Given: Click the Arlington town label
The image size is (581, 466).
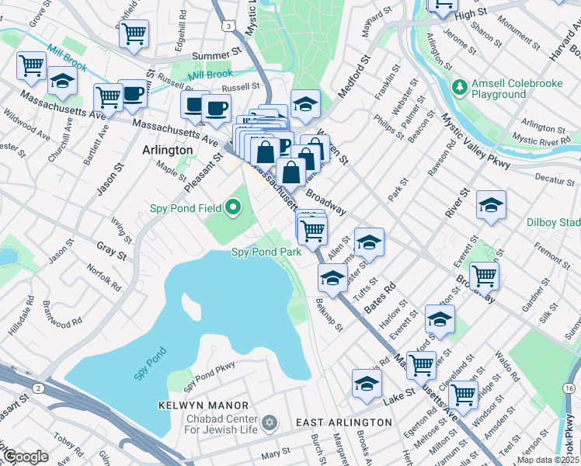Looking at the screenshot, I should tap(167, 149).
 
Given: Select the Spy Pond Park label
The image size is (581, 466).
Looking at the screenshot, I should tap(266, 252).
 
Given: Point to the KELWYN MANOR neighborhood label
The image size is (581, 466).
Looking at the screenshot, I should tap(204, 405).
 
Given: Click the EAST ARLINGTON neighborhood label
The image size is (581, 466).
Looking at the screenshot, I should tap(344, 422).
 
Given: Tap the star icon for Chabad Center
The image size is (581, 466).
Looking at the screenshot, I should tap(270, 422).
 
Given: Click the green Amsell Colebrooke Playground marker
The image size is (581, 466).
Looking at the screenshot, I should tap(460, 84).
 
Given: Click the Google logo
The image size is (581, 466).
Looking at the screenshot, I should tap(25, 456).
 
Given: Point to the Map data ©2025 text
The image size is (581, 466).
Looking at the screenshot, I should tap(548, 460).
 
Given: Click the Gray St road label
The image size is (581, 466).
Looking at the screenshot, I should tap(111, 251).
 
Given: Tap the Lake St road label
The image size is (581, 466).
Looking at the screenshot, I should tap(395, 402).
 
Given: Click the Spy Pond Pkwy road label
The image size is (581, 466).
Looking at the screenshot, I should tap(209, 372).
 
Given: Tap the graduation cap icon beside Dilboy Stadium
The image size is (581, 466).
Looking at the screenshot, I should tap(491, 205).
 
